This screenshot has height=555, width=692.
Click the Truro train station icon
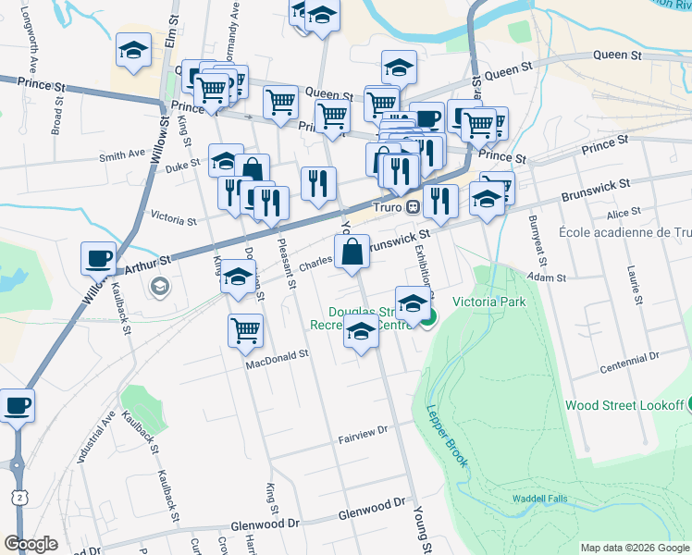point(414,205)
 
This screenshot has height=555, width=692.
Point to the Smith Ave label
point(123,154)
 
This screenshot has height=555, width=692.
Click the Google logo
point(31,544)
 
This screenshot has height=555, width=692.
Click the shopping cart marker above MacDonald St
point(245,330)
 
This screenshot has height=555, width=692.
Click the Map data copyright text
point(634,548)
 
